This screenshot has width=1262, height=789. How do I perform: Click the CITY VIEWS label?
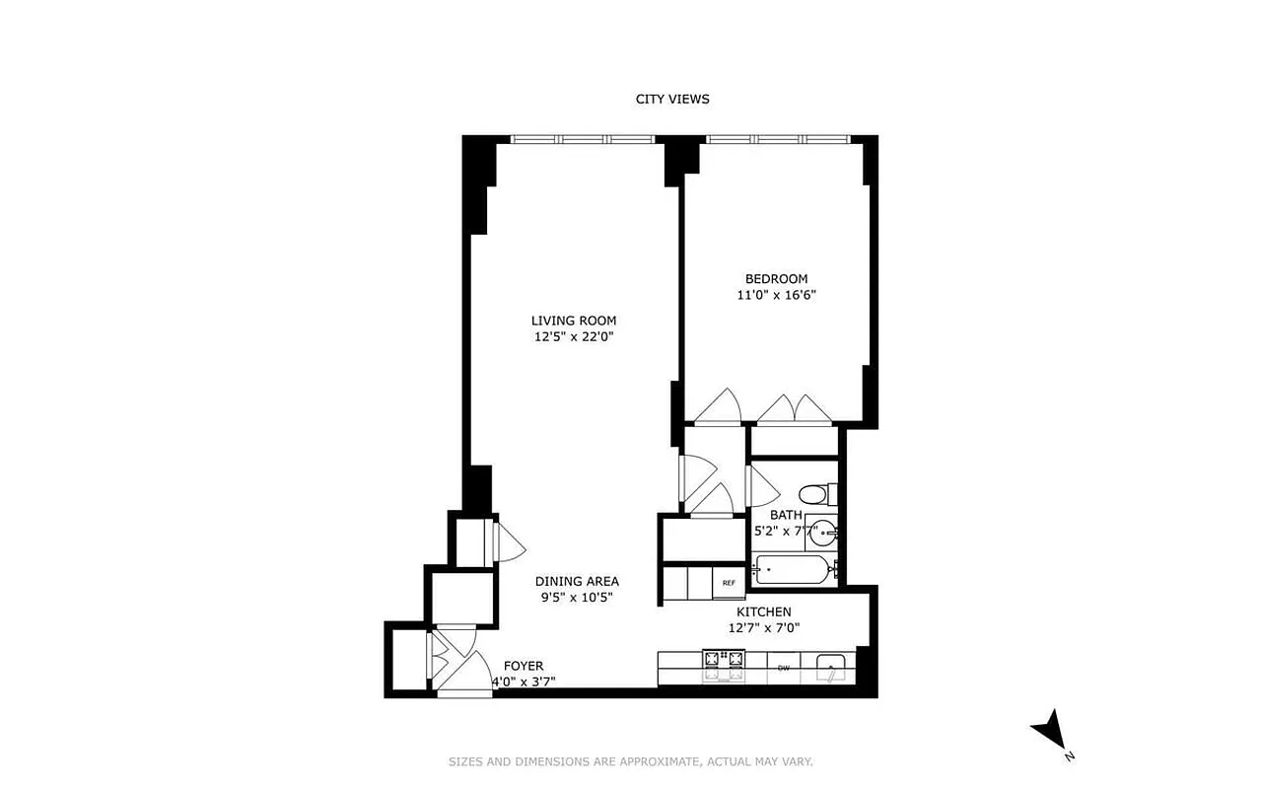pos(671,99)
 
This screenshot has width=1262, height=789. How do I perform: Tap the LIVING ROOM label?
pos(573,321)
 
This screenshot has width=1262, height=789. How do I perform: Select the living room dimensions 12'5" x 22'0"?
pos(573,337)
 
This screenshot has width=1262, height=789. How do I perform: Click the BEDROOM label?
pos(776,279)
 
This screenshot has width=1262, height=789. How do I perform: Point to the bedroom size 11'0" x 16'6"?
pos(776,295)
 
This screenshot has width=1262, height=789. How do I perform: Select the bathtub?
pos(795,569)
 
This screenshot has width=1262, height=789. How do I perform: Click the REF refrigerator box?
pos(729,583)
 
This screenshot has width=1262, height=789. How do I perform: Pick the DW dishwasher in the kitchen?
pos(784,668)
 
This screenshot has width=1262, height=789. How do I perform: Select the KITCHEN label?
pos(763,612)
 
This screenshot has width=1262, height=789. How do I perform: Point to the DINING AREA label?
pos(577,582)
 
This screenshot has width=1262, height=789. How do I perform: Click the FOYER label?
pos(523,666)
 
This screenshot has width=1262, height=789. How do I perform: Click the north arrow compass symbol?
pos(1049,731)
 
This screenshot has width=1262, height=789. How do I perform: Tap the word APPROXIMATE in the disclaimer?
pos(654,761)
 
